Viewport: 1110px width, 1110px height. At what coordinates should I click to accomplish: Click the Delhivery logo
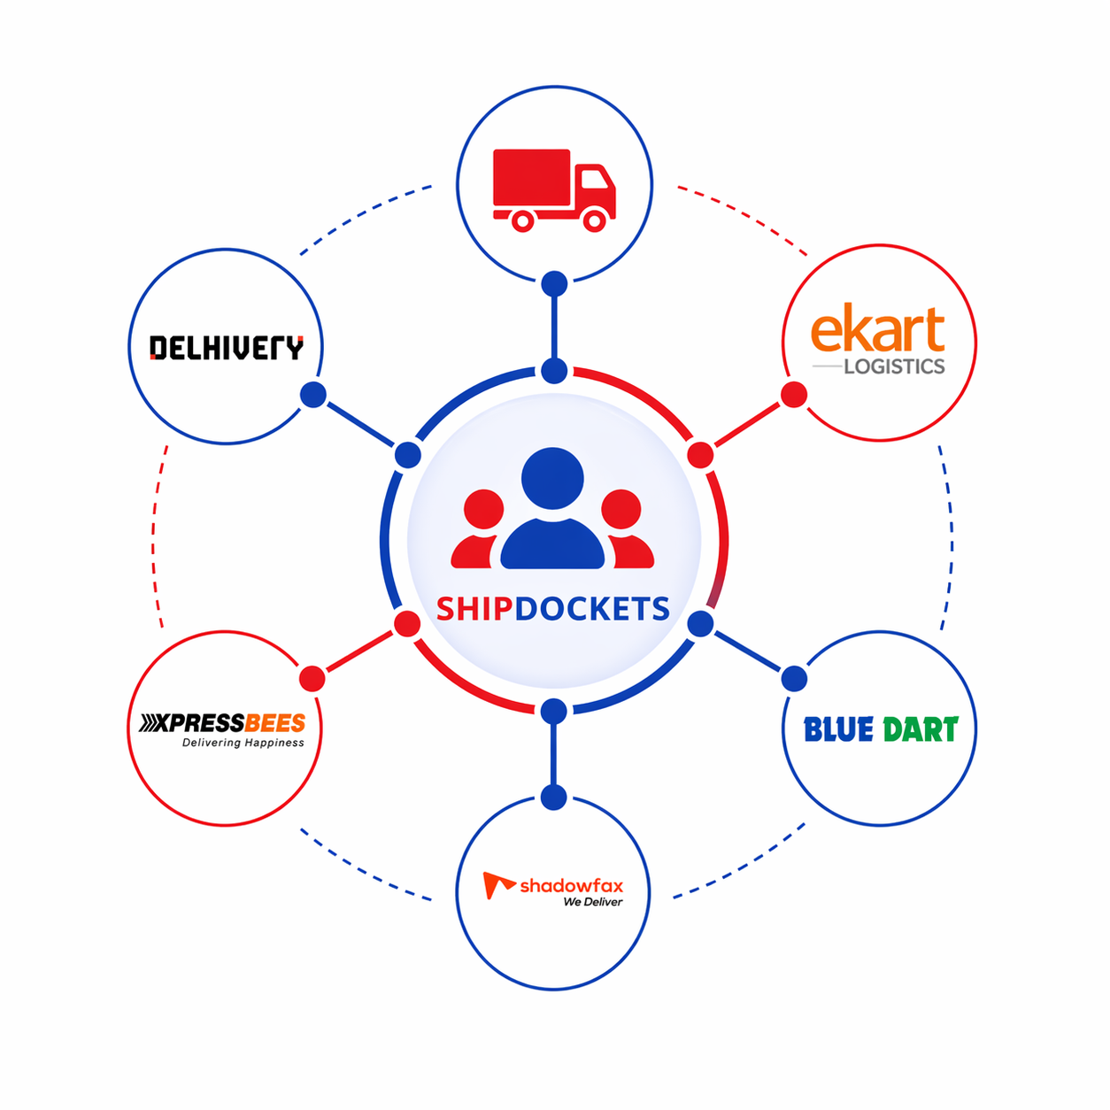click(x=226, y=348)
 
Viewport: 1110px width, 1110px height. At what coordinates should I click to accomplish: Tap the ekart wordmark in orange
click(x=877, y=329)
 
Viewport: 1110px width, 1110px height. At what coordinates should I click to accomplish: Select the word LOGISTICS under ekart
click(x=894, y=366)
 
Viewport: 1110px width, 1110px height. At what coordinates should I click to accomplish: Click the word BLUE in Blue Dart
click(x=838, y=729)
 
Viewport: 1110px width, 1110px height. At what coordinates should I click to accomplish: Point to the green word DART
click(x=921, y=729)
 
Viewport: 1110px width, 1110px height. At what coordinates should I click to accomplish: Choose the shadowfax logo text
click(x=571, y=885)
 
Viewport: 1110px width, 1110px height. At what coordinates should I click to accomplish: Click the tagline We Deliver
click(x=592, y=902)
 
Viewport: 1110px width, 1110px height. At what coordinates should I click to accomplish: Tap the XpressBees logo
click(x=222, y=723)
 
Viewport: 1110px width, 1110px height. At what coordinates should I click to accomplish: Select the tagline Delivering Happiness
click(x=243, y=743)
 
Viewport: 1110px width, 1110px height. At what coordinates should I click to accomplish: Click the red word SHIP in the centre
click(x=474, y=609)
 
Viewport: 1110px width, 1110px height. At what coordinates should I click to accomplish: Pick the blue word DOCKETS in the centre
click(x=592, y=609)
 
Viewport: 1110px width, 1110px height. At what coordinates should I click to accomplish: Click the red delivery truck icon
click(x=553, y=189)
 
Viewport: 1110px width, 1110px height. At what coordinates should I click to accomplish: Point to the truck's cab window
click(x=594, y=180)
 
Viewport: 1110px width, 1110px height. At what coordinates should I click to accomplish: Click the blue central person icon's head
click(x=552, y=478)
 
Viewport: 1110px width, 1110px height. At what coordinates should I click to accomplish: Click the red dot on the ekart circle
click(x=794, y=395)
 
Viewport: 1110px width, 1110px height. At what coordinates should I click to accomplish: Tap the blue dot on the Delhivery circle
click(x=313, y=395)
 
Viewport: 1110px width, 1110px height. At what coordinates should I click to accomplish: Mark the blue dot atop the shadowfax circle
click(x=554, y=797)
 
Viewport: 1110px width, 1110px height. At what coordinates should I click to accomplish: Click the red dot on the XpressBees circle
click(x=312, y=679)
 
